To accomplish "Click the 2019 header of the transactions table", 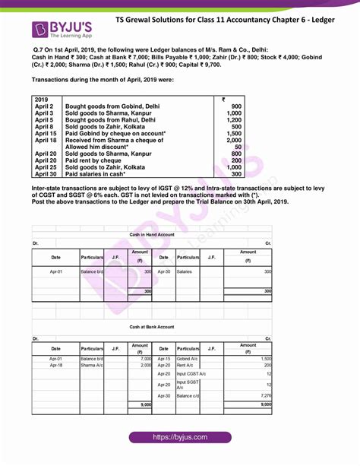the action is (43, 99).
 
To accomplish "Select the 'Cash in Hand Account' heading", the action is (152, 235).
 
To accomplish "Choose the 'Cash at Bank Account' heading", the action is (152, 327).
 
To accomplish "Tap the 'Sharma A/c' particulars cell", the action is (92, 365).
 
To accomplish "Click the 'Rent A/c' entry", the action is (185, 365).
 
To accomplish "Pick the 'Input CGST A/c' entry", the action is (192, 374).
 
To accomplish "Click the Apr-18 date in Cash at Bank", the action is (56, 365).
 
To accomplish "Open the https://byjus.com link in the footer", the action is (180, 438).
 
